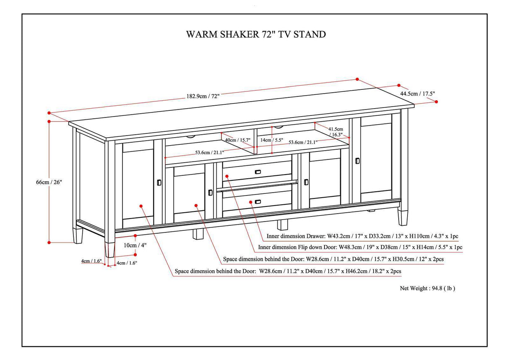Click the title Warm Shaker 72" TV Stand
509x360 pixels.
click(256, 34)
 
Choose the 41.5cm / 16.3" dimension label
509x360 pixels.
click(335, 132)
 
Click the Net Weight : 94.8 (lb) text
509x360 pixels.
click(427, 288)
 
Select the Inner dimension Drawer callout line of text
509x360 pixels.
click(362, 237)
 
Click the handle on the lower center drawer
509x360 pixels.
click(257, 202)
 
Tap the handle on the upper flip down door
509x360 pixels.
click(257, 171)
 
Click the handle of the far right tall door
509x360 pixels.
click(358, 160)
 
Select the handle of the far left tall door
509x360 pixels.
click(159, 182)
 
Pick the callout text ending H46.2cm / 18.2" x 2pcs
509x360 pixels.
click(288, 271)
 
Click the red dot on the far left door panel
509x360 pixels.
click(141, 206)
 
